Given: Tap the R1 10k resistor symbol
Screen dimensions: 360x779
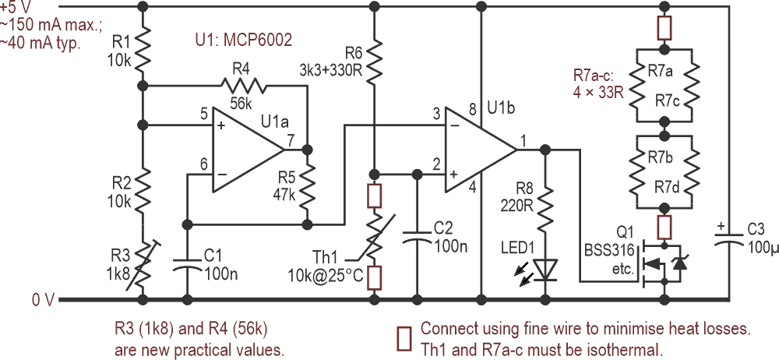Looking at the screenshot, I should [x=142, y=51].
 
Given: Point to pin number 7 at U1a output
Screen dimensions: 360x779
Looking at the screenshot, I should [x=290, y=139].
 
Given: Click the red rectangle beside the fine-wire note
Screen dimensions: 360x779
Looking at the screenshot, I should [x=404, y=337].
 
